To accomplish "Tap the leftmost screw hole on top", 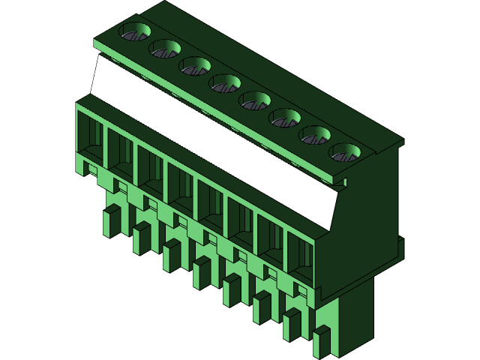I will [x=135, y=32].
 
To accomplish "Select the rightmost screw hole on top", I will [x=345, y=153].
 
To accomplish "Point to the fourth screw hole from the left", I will [x=225, y=83].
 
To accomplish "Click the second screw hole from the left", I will [x=165, y=49].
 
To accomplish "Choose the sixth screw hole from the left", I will [x=285, y=118].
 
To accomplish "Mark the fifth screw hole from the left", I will [x=255, y=100].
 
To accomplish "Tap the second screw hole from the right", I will [x=315, y=135].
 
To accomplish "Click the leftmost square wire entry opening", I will [x=90, y=139].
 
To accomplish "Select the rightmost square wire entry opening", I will [x=301, y=258].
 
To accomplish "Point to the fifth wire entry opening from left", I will [x=211, y=207].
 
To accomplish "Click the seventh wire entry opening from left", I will [x=271, y=241].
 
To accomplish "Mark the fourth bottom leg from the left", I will [x=202, y=273].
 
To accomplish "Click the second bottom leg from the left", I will [x=141, y=238].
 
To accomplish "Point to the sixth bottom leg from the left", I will [x=262, y=307].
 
